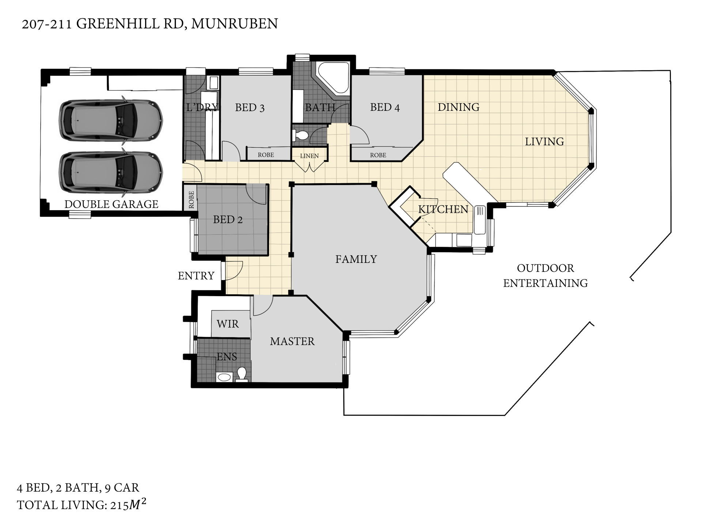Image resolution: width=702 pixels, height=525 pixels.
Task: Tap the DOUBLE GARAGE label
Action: [x=111, y=204]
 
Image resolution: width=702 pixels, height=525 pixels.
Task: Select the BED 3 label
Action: [x=250, y=107]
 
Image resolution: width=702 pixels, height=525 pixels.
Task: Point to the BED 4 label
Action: [x=385, y=107]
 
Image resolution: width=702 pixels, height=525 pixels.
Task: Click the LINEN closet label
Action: [x=309, y=156]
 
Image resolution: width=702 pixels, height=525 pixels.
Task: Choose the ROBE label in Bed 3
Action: [x=266, y=155]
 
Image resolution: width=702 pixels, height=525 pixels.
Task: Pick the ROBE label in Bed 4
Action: [x=378, y=155]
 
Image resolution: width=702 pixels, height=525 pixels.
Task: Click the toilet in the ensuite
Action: [x=241, y=375]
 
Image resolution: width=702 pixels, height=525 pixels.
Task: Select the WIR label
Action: [x=227, y=324]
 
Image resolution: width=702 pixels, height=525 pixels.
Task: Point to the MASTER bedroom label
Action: [x=292, y=341]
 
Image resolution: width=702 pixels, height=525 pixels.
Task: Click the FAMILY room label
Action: [x=356, y=259]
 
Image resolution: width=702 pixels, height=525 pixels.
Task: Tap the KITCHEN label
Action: [x=443, y=209]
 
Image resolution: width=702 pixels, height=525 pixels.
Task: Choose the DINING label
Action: [x=458, y=107]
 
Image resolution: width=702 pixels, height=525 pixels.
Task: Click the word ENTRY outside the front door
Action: [x=196, y=276]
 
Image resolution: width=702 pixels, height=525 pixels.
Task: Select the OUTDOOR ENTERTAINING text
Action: [x=546, y=276]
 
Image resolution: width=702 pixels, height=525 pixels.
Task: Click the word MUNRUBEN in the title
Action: [x=234, y=24]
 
